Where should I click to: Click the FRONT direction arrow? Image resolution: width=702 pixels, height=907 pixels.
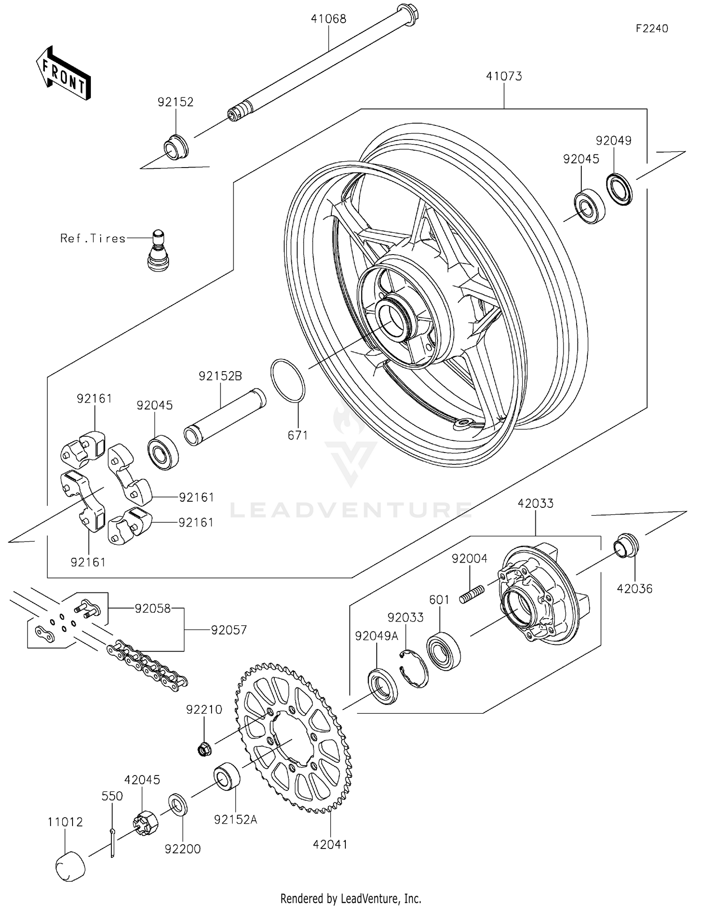point(63,73)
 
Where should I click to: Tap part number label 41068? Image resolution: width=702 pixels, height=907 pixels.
point(329,19)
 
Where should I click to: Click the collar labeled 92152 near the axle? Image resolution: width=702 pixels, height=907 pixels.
point(176,147)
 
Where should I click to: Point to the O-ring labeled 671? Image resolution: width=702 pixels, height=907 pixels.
point(288,380)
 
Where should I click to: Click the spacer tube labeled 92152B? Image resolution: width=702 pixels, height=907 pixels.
point(225,417)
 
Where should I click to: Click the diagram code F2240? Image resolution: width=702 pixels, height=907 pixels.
point(651,29)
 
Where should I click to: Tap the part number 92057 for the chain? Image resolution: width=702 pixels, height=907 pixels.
point(228,630)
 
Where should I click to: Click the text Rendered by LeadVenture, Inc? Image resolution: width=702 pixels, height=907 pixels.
point(351,898)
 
